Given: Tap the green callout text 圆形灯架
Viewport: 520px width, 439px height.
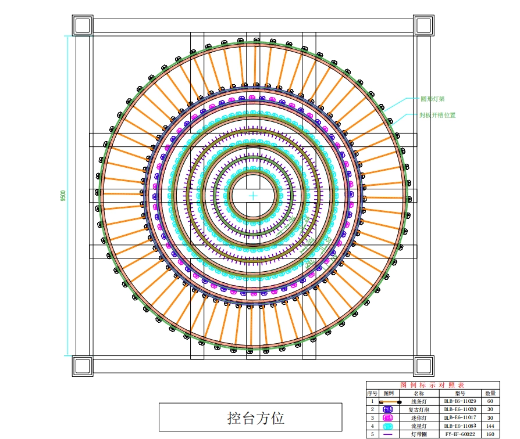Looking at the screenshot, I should [433, 99].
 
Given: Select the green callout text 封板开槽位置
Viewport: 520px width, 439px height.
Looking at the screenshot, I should [437, 115].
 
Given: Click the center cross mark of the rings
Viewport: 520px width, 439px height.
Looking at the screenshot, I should [254, 196].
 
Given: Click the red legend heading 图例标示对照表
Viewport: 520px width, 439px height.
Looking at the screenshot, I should [433, 385].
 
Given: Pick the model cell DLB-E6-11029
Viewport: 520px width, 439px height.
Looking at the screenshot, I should [460, 401].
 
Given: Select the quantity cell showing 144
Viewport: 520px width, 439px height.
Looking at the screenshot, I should [490, 426].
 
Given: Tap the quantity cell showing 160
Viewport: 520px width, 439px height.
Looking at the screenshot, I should [490, 434].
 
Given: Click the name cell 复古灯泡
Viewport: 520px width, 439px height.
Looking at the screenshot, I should [419, 409].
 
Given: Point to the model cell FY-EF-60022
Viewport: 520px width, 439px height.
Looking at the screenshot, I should [460, 434].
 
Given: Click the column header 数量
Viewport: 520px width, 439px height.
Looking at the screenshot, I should [490, 393].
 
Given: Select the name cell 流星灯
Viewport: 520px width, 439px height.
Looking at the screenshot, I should [419, 426].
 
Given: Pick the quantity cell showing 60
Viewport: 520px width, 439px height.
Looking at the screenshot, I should [490, 401].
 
